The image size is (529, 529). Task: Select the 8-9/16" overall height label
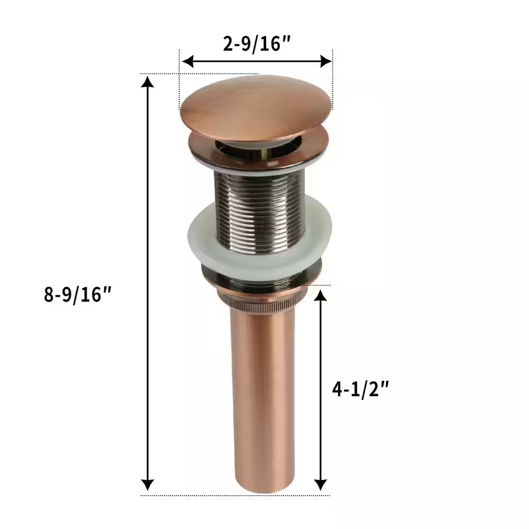[x=79, y=294]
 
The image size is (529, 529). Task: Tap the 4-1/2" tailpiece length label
[x=360, y=389]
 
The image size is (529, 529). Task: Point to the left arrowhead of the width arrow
[x=186, y=61]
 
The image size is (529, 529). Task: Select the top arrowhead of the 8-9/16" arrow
[x=148, y=81]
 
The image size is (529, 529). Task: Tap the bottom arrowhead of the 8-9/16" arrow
[x=148, y=485]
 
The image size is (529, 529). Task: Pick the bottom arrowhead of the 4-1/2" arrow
[x=320, y=485]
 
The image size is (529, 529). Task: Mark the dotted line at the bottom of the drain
[x=185, y=496]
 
